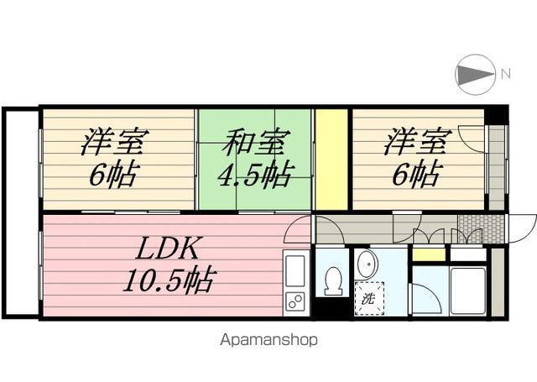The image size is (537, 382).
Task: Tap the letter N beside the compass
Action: pyautogui.click(x=505, y=74)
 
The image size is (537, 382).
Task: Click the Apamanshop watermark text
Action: pyautogui.click(x=268, y=340)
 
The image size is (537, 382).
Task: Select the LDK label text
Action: pyautogui.click(x=167, y=248)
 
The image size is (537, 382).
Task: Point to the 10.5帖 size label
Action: pyautogui.click(x=169, y=280)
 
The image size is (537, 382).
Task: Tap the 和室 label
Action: pyautogui.click(x=256, y=142)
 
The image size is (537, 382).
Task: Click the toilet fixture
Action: pyautogui.click(x=332, y=280)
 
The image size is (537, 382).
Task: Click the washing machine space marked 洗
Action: pyautogui.click(x=369, y=298)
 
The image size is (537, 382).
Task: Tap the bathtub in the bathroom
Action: pyautogui.click(x=468, y=290)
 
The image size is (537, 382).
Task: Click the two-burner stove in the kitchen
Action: pyautogui.click(x=295, y=301)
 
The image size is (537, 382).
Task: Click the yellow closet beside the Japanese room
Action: pyautogui.click(x=331, y=160)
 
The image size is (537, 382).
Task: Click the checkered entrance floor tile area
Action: pyautogui.click(x=481, y=228)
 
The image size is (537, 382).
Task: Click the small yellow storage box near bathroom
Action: pyautogui.click(x=429, y=254)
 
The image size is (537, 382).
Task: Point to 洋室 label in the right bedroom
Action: pyautogui.click(x=414, y=142)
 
